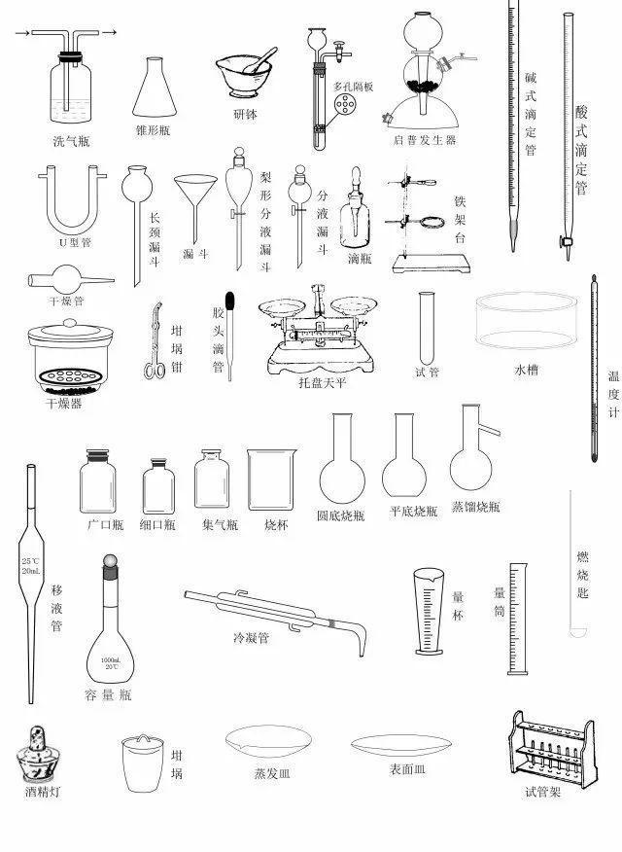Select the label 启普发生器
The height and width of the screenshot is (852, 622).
point(424,141)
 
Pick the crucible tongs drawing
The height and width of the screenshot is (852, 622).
point(155,340)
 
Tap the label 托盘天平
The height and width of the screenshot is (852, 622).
point(323,383)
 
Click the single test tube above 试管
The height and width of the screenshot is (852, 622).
point(426,326)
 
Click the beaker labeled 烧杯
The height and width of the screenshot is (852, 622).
point(270,481)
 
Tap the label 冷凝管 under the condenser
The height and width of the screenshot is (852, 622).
point(251,639)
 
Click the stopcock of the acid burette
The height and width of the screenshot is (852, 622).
point(563,239)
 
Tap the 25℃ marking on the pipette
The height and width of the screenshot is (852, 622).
point(30,561)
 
